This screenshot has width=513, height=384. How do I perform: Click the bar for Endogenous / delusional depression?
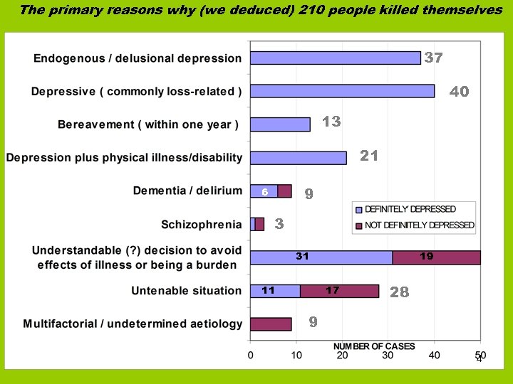point(335,58)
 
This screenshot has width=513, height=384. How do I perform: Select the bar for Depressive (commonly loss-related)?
point(342,91)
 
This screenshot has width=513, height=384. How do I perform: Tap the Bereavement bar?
point(280,124)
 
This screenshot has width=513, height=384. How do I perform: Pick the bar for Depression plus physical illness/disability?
point(298,158)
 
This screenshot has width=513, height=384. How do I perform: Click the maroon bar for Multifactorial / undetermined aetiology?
point(271,324)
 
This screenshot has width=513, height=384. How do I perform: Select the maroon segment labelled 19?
point(436,257)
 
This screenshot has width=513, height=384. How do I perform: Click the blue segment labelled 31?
point(321,257)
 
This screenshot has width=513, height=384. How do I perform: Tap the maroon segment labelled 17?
point(339,291)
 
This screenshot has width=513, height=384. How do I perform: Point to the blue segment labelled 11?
point(275,291)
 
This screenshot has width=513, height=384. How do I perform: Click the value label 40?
point(459,92)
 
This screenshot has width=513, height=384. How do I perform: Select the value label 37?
point(433,58)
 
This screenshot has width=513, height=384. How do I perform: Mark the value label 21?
point(368,155)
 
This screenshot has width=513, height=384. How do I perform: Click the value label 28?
point(399,292)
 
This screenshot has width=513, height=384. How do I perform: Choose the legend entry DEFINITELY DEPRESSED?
point(410,209)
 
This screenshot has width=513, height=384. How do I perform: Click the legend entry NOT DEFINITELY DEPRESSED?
point(419,225)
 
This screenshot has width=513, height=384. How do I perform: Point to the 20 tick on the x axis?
point(342,354)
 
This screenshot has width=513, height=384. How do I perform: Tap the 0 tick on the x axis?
point(250,354)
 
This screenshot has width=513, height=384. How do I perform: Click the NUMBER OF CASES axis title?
point(374,346)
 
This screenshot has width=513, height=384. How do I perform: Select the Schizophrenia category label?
point(201,225)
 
